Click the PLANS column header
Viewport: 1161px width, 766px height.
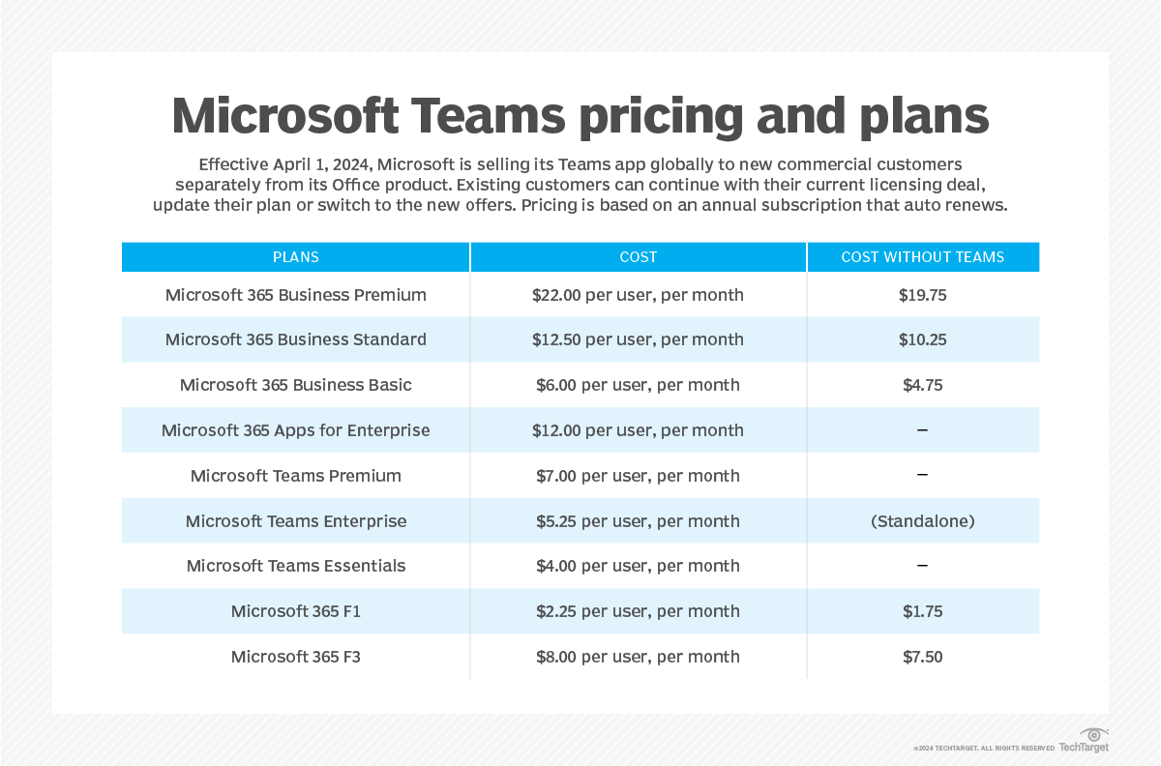pyautogui.click(x=295, y=257)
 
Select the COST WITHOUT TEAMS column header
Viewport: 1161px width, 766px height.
pyautogui.click(x=922, y=257)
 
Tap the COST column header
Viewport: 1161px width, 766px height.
pyautogui.click(x=638, y=257)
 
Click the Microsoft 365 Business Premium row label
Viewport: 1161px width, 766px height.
pyautogui.click(x=295, y=295)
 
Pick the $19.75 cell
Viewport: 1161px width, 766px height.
pyautogui.click(x=922, y=295)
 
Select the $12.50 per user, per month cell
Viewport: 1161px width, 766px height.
pyautogui.click(x=638, y=339)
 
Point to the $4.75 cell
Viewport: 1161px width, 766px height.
pyautogui.click(x=922, y=385)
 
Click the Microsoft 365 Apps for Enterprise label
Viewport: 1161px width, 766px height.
pyautogui.click(x=295, y=430)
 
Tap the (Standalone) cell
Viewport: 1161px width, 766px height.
pyautogui.click(x=922, y=521)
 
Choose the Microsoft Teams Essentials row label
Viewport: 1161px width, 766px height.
pyautogui.click(x=295, y=566)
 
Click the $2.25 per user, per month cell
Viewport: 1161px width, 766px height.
pyautogui.click(x=638, y=611)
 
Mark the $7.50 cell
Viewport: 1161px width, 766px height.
pyautogui.click(x=922, y=657)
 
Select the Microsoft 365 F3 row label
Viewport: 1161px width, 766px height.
pyautogui.click(x=295, y=657)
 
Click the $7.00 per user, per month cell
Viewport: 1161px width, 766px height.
pyautogui.click(x=638, y=476)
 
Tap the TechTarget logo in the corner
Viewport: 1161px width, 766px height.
pyautogui.click(x=1085, y=742)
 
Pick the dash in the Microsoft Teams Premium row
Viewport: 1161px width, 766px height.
pyautogui.click(x=922, y=476)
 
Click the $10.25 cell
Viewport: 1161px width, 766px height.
pyautogui.click(x=922, y=339)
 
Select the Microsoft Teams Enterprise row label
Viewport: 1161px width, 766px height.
pyautogui.click(x=295, y=521)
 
